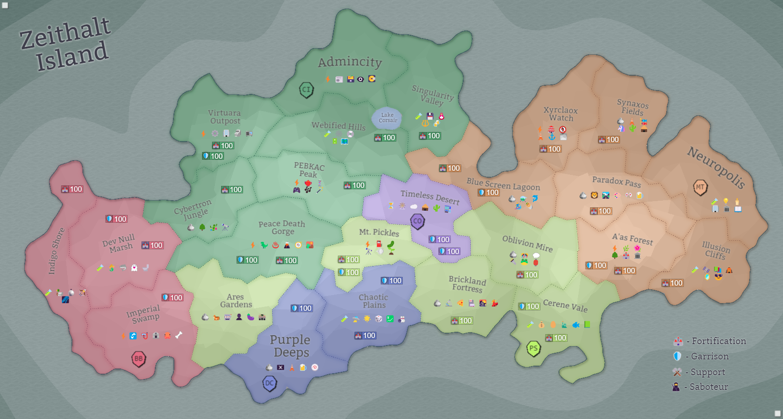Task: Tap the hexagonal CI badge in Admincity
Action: tap(306, 90)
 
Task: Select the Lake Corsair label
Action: tap(387, 118)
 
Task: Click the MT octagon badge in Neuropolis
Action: tap(700, 187)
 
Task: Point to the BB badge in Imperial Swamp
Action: tap(138, 358)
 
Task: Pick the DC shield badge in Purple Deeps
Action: tap(270, 383)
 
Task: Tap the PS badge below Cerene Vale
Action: tap(533, 348)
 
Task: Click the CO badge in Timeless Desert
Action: tap(417, 221)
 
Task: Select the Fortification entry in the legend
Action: tap(710, 341)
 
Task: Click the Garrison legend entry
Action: tap(702, 357)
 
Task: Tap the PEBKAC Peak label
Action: tap(309, 170)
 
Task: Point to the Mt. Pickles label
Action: tap(379, 232)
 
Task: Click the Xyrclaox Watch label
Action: tap(560, 114)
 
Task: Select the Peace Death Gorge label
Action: tap(282, 227)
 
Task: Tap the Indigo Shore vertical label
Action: tap(56, 251)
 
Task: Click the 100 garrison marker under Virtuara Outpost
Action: tap(213, 156)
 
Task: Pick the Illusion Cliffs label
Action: tap(715, 250)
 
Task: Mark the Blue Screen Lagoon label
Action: tap(503, 184)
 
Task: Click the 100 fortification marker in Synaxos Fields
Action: tap(609, 140)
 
